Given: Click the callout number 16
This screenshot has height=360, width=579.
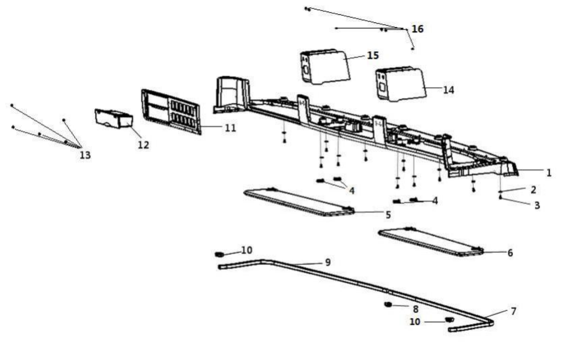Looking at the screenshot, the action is (417, 29).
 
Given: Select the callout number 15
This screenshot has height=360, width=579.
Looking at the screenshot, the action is (373, 55).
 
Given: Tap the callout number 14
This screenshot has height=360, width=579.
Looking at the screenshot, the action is (448, 90).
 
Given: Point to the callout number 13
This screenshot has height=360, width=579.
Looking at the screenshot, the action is (85, 155).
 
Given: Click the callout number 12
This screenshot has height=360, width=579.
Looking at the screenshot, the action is (143, 145).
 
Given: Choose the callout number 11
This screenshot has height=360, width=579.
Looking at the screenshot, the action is (230, 128).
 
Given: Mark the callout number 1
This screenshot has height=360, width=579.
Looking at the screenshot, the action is (549, 173).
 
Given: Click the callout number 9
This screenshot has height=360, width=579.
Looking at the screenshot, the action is (328, 263).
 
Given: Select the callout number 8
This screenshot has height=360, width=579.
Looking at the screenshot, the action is (415, 309).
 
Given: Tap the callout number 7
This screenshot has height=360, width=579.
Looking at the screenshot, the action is (513, 311).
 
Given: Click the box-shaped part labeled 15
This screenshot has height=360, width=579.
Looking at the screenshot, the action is (325, 67).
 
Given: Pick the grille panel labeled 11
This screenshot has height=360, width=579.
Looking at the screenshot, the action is (171, 112).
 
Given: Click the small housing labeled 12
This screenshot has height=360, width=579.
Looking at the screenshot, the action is (114, 118).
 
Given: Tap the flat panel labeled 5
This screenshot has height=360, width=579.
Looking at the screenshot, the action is (299, 202).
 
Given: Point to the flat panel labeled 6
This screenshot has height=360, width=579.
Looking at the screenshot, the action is (431, 242).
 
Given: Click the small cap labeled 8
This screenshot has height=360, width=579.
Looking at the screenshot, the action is (387, 305).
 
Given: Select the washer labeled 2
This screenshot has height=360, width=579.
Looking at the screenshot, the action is (500, 192).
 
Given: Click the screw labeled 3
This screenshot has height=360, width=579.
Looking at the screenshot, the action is (500, 197).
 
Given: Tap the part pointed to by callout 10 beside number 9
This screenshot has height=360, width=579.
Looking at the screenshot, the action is (219, 254).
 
